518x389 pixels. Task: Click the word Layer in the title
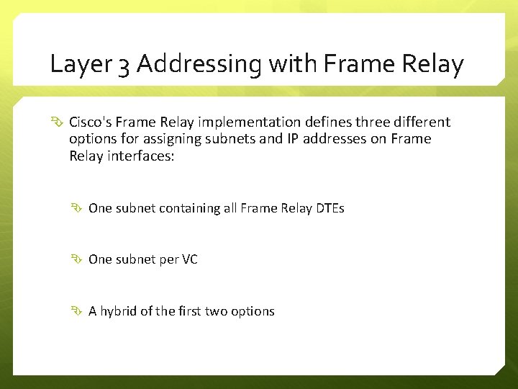79,65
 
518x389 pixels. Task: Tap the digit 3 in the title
124,66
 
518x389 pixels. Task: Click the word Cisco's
91,122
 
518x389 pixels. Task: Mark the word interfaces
141,156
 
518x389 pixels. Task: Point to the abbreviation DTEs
330,208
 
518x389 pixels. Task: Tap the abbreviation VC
189,259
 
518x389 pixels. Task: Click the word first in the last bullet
190,311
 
